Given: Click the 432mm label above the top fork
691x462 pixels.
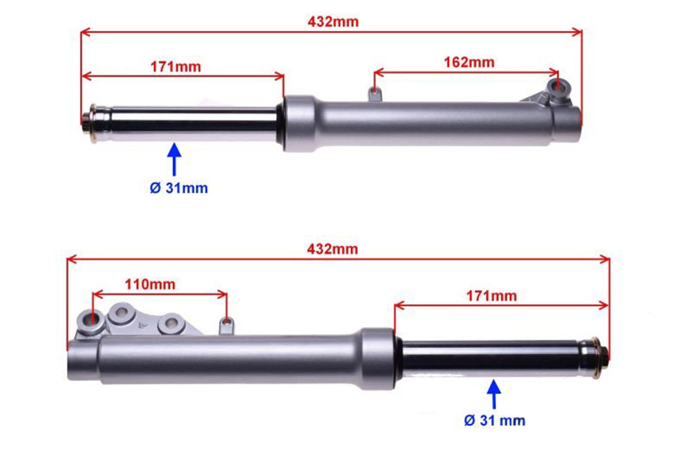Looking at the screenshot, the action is (333, 21).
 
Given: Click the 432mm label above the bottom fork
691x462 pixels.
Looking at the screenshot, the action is (332, 249).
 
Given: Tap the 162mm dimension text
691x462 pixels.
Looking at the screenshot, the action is (469, 62).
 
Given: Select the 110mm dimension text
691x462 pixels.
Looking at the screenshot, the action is (150, 284).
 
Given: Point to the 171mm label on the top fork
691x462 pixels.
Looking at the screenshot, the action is (176, 66).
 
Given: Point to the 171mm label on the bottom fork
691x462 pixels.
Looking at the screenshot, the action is (491, 295).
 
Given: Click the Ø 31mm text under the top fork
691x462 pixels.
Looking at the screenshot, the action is (178, 188).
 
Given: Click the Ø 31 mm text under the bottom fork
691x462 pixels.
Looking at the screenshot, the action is (495, 421).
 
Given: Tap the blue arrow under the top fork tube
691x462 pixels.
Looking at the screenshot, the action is (175, 159).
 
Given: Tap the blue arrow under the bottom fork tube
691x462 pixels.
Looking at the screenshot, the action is (494, 394).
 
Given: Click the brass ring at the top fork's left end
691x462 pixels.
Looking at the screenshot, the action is (93, 123).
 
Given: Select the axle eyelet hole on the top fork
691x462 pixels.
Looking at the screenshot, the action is (559, 85).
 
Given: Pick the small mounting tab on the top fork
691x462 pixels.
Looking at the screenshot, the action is (375, 93).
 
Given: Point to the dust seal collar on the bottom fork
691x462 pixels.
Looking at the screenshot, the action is (378, 359).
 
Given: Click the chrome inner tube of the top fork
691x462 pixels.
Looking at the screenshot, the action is (194, 124).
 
